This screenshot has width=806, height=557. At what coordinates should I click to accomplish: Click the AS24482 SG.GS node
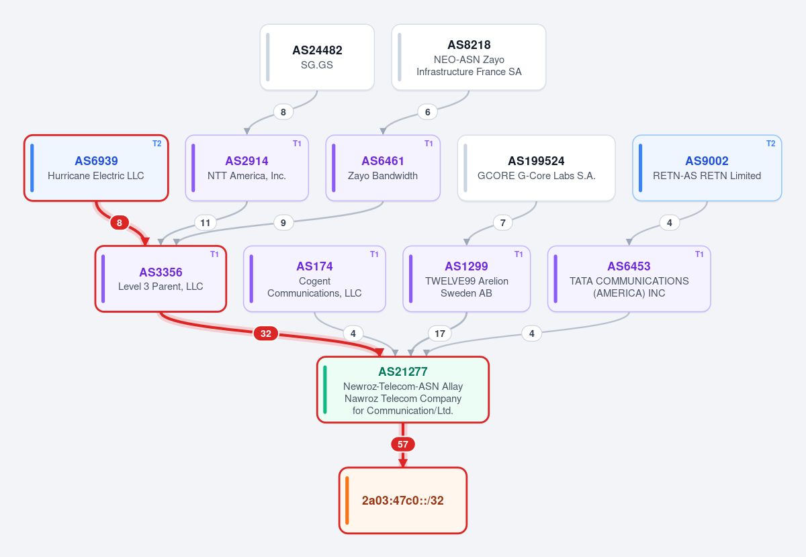pyautogui.click(x=317, y=57)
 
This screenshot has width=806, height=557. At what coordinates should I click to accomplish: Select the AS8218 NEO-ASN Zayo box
pyautogui.click(x=469, y=57)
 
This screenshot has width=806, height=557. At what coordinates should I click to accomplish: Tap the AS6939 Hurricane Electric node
pyautogui.click(x=96, y=168)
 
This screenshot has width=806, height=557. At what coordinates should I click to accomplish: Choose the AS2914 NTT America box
pyautogui.click(x=247, y=168)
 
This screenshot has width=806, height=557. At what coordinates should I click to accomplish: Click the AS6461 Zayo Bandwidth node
pyautogui.click(x=383, y=168)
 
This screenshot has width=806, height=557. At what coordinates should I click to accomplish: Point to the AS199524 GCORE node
pyautogui.click(x=536, y=168)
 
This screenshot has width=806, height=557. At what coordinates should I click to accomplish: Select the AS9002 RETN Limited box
pyautogui.click(x=707, y=168)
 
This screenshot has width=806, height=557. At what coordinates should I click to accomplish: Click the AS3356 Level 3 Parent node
pyautogui.click(x=161, y=278)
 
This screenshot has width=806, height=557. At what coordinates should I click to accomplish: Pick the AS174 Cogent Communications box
pyautogui.click(x=314, y=278)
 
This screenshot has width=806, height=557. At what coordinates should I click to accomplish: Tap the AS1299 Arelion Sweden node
pyautogui.click(x=466, y=278)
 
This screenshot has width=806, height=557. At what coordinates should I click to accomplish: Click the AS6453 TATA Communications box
pyautogui.click(x=629, y=278)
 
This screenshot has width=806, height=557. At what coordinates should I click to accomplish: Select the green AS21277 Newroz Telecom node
pyautogui.click(x=402, y=389)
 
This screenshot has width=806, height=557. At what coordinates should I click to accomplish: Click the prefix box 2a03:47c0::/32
pyautogui.click(x=402, y=500)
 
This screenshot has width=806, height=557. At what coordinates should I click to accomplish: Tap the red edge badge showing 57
pyautogui.click(x=402, y=444)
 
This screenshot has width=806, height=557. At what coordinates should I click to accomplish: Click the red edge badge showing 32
pyautogui.click(x=265, y=334)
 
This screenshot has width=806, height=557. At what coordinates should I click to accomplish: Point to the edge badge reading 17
pyautogui.click(x=440, y=334)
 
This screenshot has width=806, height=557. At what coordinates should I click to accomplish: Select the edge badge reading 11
pyautogui.click(x=205, y=223)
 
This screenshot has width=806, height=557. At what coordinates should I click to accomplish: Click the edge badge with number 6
pyautogui.click(x=427, y=112)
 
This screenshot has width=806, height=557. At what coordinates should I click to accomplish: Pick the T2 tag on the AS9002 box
pyautogui.click(x=771, y=144)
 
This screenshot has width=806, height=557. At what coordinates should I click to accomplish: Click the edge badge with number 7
pyautogui.click(x=502, y=223)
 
